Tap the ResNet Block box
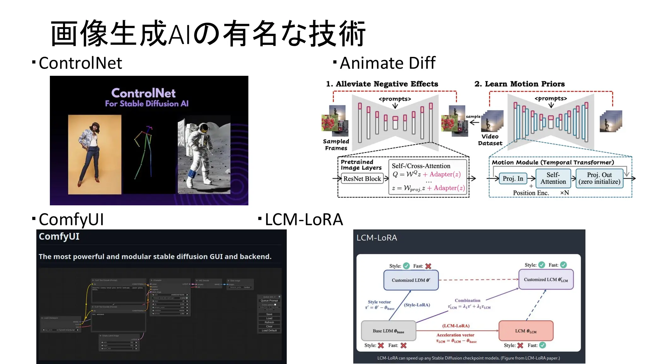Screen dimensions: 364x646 tap(362, 179)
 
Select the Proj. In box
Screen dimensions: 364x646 tap(513, 179)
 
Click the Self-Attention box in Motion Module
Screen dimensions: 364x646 tap(553, 178)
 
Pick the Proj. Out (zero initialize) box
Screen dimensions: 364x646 tap(599, 178)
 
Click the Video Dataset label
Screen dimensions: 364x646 tap(490, 140)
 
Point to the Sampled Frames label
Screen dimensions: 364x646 tap(336, 145)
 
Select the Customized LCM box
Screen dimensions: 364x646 tap(546, 280)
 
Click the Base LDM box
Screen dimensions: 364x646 tap(388, 331)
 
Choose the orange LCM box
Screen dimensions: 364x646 tap(526, 331)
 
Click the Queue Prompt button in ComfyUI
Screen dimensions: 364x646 tap(269, 300)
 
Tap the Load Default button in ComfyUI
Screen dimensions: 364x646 tap(269, 331)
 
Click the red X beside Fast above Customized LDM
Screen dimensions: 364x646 tap(428, 266)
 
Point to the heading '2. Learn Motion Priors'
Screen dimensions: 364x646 tap(519, 84)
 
